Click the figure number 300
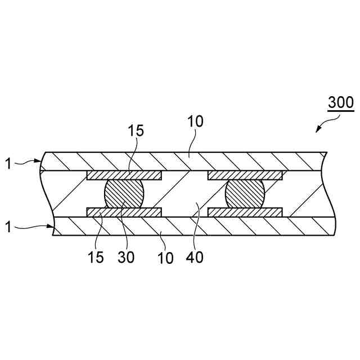coord(341,103)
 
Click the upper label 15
coord(136,131)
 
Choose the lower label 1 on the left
coord(8,227)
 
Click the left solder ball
coord(124,194)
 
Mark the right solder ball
coord(245,194)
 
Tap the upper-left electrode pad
coord(124,175)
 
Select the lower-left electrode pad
coord(124,212)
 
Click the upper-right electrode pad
coord(245,175)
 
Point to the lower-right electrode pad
coord(245,212)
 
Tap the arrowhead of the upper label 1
coord(42,161)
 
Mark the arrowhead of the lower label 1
coord(53,226)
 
